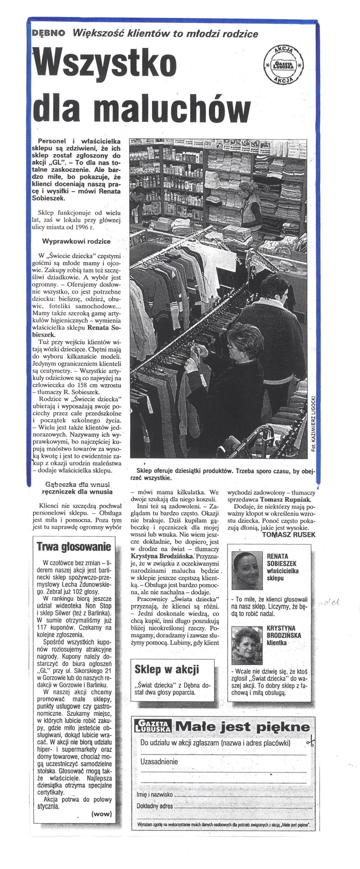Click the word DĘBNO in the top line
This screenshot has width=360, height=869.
coord(48,33)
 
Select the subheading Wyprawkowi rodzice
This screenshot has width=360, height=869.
coord(76,241)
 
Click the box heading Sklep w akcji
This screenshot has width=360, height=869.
coord(167,669)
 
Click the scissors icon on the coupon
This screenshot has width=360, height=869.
coord(310,742)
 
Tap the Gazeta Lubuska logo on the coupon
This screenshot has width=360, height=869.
coord(153,726)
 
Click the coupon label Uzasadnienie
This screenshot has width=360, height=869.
coord(159,761)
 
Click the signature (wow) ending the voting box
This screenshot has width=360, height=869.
coord(101,814)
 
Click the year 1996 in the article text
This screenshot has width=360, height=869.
coord(78,227)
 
